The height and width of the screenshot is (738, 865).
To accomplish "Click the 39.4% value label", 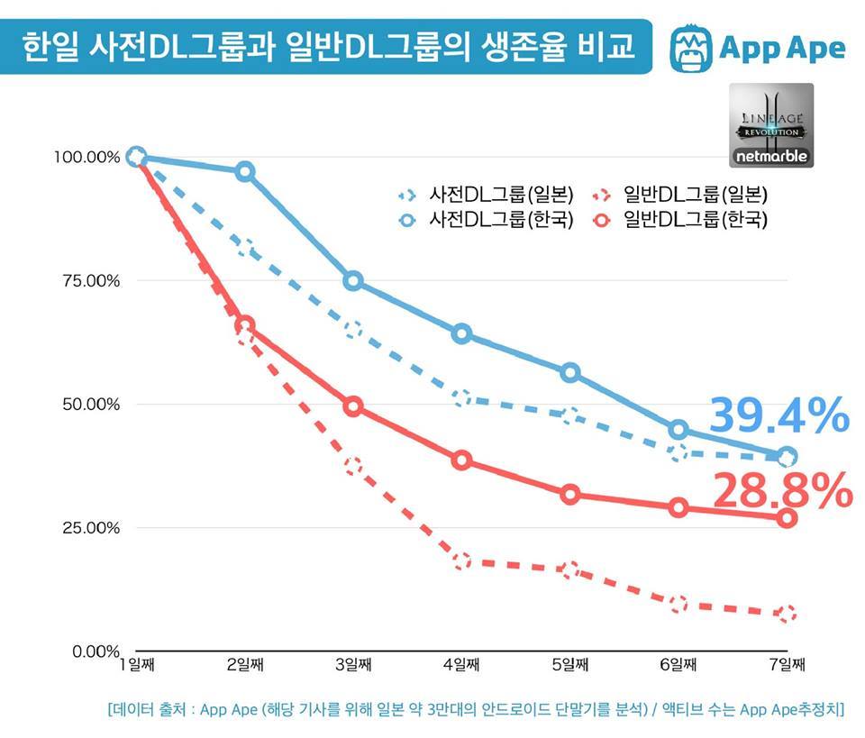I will click(778, 416).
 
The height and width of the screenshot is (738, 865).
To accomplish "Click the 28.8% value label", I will click(782, 491).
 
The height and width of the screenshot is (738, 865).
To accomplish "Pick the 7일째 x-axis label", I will click(786, 666).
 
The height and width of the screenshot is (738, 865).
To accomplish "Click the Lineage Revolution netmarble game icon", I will click(770, 125).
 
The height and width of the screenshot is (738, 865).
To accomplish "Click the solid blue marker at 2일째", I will click(244, 171).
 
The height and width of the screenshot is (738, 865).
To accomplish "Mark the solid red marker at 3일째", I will click(353, 406).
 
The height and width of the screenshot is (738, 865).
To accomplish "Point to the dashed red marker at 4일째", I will click(461, 561).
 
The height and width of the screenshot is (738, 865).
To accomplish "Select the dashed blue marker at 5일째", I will click(569, 415).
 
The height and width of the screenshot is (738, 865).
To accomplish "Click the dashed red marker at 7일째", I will click(787, 615).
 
